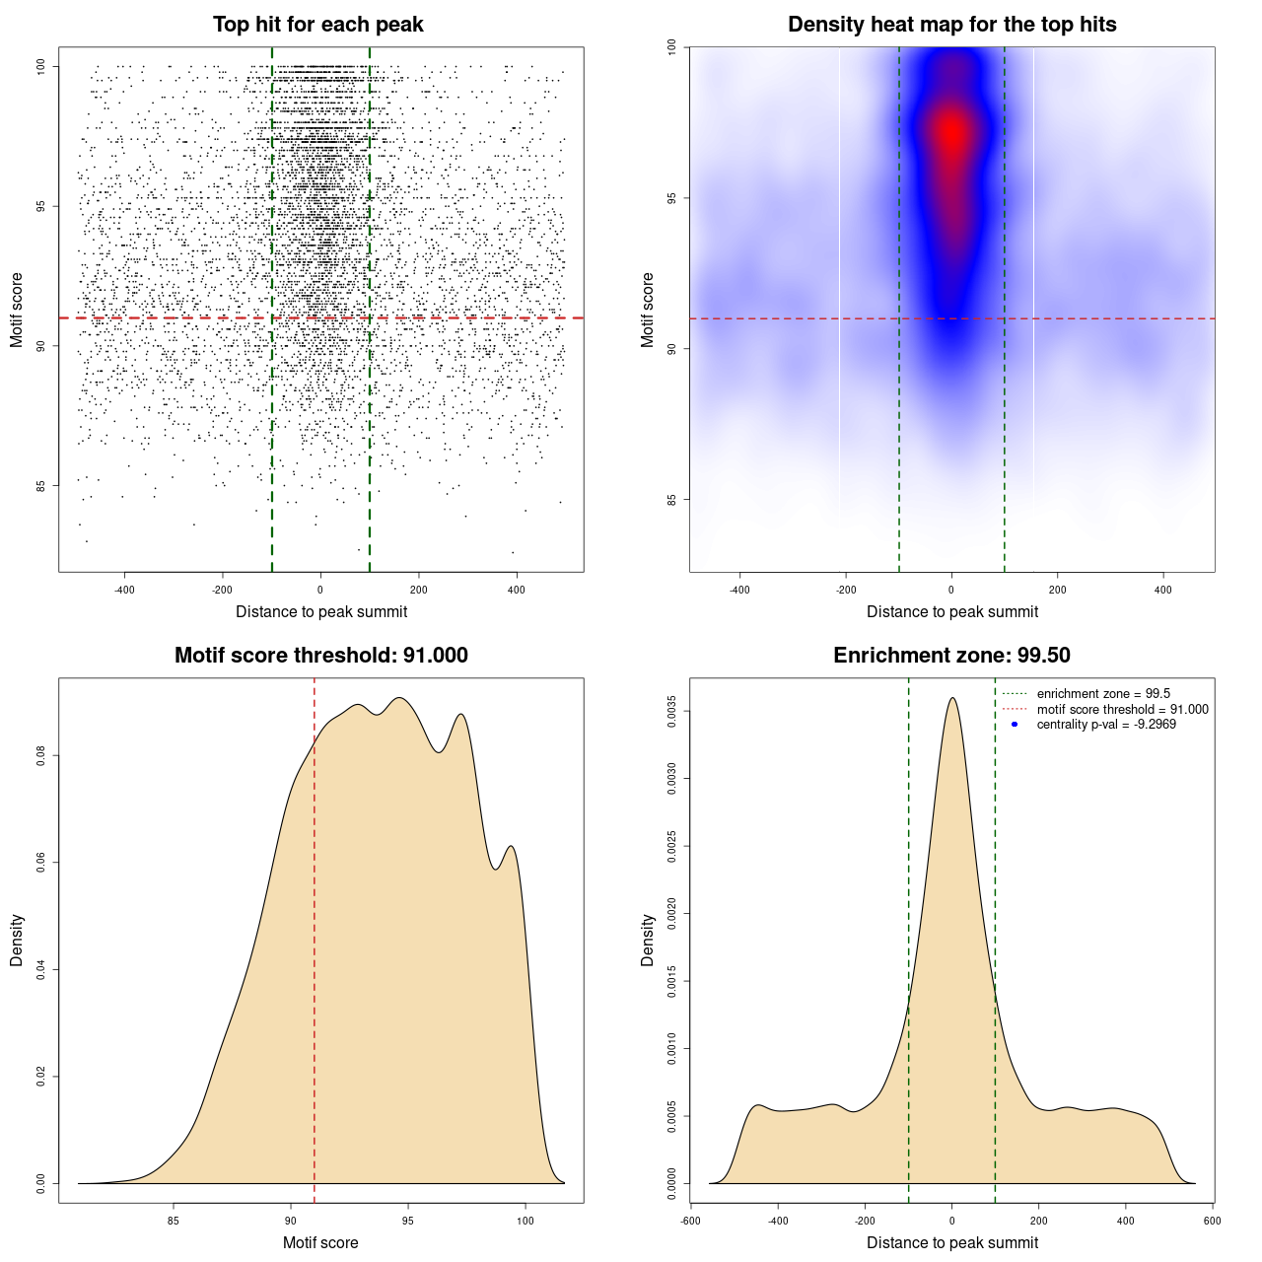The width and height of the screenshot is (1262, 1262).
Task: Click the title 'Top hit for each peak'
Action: (318, 25)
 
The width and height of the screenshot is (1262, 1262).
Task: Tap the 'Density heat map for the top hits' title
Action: (951, 25)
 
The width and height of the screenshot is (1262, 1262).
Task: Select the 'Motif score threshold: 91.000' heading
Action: (320, 656)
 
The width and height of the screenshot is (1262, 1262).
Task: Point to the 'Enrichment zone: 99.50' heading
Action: (951, 656)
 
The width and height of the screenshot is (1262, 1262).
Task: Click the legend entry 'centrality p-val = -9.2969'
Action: (1106, 725)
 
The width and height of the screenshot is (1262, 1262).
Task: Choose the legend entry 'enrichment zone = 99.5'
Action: (1103, 694)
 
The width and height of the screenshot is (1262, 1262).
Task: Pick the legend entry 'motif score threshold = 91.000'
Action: (1122, 710)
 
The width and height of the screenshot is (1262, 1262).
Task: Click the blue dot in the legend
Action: (1015, 725)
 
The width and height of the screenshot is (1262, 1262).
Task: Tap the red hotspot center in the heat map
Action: (951, 133)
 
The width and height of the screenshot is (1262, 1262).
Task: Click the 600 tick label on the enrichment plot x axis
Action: (1212, 1221)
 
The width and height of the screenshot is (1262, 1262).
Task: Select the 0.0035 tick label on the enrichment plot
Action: (672, 711)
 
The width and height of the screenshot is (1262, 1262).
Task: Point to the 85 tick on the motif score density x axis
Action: (175, 1221)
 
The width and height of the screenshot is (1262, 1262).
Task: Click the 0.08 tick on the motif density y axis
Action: (41, 756)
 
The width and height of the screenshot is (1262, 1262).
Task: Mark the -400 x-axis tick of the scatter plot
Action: (124, 590)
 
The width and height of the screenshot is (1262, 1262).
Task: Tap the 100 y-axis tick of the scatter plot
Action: (41, 66)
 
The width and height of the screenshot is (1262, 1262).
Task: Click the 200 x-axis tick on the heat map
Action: (1057, 590)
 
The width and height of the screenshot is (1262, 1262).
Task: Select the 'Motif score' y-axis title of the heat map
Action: (648, 310)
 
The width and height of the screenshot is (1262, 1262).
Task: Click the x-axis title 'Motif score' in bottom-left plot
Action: (320, 1242)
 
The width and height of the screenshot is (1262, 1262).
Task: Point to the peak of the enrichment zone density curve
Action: (951, 699)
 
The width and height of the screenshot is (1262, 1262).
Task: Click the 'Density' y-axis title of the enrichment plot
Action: (648, 941)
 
